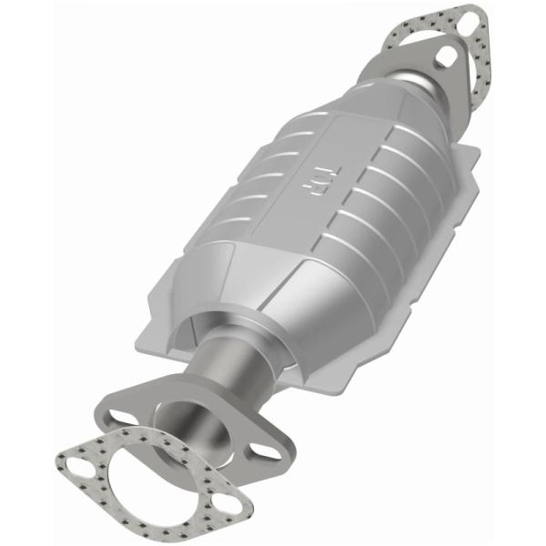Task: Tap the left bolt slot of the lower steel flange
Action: pyautogui.click(x=118, y=417)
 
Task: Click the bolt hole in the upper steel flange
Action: pyautogui.click(x=444, y=56)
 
